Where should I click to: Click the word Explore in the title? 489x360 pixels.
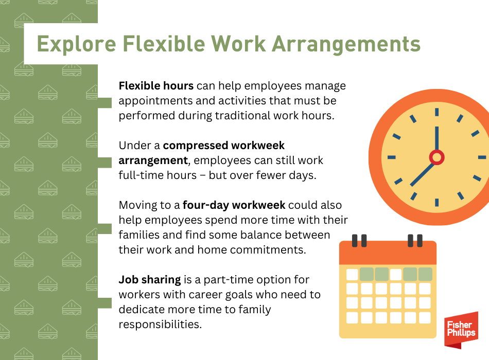(76, 44)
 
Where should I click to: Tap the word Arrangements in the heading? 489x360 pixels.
(346, 43)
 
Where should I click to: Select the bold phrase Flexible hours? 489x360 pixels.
(156, 86)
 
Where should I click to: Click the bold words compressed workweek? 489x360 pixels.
(223, 145)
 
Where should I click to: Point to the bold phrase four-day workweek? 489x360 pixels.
(234, 205)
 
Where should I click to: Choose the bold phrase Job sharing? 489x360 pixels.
(150, 280)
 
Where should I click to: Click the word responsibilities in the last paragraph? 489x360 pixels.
(160, 324)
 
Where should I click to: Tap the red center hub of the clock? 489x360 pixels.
(436, 157)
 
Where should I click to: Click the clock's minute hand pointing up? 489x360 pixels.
(436, 139)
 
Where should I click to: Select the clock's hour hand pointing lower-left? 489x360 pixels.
(422, 174)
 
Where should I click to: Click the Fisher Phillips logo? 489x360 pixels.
(461, 330)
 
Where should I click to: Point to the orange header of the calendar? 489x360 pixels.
(388, 253)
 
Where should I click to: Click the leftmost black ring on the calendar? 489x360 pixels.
(355, 241)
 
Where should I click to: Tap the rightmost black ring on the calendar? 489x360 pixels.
(420, 241)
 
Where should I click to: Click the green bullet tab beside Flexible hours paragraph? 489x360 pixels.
(105, 103)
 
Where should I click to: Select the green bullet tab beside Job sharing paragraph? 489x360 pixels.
(105, 303)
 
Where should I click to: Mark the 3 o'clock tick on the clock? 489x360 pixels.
(482, 157)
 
